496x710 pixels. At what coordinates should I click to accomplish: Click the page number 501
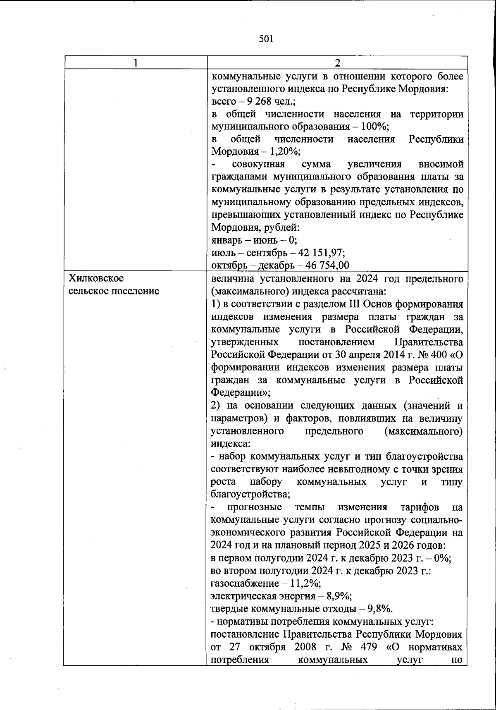[x=266, y=39]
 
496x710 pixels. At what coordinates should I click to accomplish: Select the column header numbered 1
[x=135, y=63]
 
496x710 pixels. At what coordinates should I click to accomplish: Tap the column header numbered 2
[x=337, y=63]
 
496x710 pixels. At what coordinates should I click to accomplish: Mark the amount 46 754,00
[x=328, y=265]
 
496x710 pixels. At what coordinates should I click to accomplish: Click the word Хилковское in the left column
[x=96, y=278]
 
